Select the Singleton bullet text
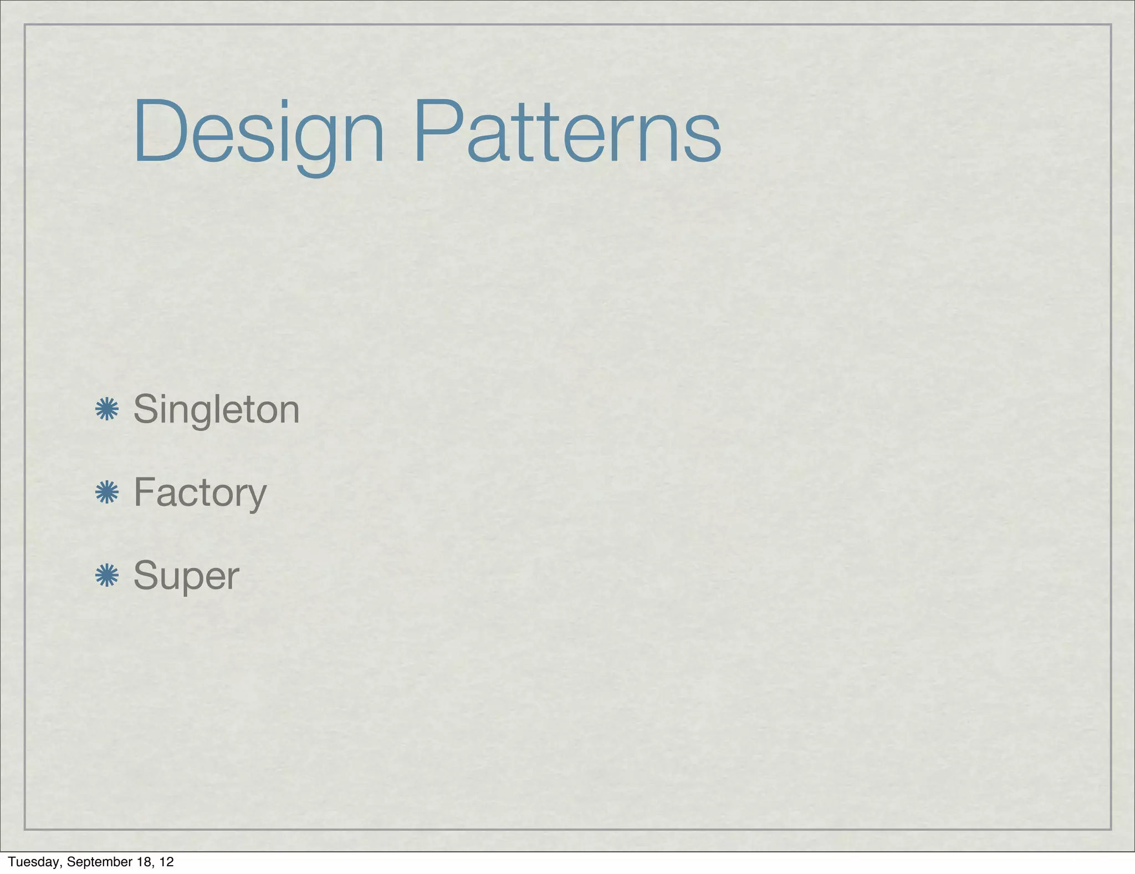[216, 409]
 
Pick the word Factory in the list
[200, 492]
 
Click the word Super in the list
[186, 576]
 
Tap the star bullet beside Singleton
[107, 409]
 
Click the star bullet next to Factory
[107, 492]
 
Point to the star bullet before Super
[107, 576]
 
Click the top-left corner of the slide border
[25, 24]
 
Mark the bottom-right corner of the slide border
[1111, 829]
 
